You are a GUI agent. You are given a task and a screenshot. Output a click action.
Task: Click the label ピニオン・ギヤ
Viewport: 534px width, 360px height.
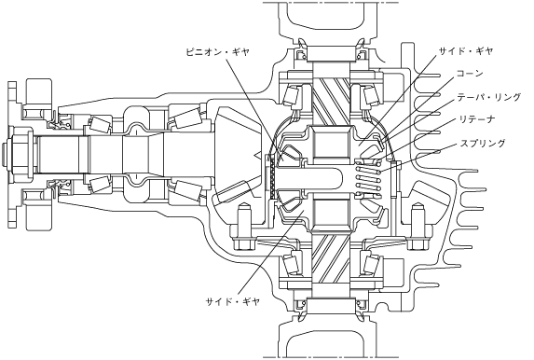point(218,51)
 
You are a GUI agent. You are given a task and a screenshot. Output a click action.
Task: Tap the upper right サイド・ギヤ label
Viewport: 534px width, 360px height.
point(466,51)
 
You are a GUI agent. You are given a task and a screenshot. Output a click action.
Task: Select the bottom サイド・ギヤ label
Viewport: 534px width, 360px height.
point(233,301)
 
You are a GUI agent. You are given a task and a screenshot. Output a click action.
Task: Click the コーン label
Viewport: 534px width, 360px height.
point(470,73)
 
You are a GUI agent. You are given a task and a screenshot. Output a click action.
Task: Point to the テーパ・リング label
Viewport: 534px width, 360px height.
point(489,97)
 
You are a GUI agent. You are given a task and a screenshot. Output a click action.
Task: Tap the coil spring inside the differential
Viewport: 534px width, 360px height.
point(368,178)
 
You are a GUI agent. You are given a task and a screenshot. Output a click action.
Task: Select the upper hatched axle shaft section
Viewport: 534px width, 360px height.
point(331,100)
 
